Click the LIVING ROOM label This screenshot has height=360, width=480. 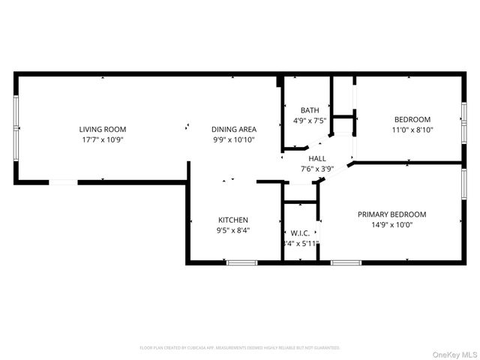pos(103,129)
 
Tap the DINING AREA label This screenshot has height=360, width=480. pos(234,129)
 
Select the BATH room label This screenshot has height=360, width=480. pos(310,110)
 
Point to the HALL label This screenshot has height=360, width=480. pos(317,159)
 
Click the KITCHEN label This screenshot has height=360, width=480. pos(233,220)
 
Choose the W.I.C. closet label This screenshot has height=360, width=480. pos(300,232)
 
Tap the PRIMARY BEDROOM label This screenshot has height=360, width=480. pos(391,214)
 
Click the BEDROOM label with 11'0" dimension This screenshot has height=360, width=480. pos(412,119)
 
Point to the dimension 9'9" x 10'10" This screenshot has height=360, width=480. pos(234,139)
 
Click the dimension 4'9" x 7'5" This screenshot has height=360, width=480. pos(310,120)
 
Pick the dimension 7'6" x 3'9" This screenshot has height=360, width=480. pos(317,169)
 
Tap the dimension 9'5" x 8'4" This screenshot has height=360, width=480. pos(233,230)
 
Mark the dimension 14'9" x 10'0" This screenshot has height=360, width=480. pos(391,224)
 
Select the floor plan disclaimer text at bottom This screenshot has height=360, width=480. pos(240,348)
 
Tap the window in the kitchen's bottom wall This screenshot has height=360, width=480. pos(241,262)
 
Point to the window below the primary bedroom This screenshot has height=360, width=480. pos(346,262)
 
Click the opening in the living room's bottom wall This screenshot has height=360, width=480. pos(63,181)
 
